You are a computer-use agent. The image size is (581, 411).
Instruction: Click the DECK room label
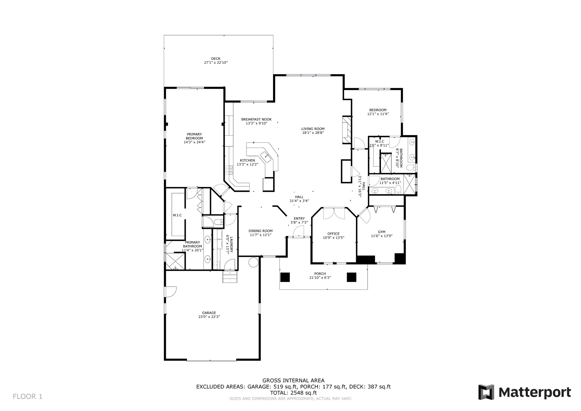point(216,59)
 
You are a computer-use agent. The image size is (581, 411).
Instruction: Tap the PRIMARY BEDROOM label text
point(194,136)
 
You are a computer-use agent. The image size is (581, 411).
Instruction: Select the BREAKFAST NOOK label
point(256,119)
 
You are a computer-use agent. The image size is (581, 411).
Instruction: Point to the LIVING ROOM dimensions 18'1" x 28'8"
point(313,132)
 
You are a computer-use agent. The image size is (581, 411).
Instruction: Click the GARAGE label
point(209,313)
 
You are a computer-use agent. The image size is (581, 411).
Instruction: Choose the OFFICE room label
point(333,234)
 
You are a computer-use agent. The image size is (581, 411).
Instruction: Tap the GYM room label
point(382,232)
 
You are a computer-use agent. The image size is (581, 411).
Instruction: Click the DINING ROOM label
point(260,231)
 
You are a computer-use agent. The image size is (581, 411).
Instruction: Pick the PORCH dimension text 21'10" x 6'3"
point(320,278)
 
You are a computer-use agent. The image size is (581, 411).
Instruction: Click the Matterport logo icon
point(486,392)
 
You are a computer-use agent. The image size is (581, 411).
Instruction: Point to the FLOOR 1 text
point(28,396)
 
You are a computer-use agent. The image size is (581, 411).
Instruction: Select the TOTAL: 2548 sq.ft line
point(293,393)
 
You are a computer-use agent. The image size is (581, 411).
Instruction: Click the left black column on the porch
point(285,277)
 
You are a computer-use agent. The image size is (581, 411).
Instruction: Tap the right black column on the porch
point(352,277)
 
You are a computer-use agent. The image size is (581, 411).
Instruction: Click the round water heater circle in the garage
point(253,262)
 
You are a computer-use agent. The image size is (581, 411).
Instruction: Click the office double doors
point(334,213)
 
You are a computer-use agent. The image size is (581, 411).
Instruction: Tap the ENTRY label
point(299,218)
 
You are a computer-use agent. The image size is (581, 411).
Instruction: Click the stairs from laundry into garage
point(230,277)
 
